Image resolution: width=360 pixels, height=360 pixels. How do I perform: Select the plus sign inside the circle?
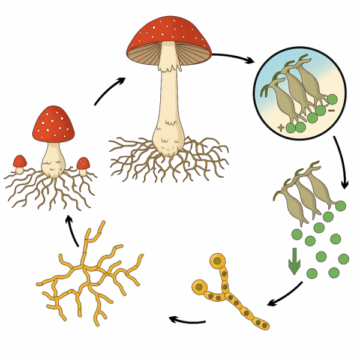[281, 127]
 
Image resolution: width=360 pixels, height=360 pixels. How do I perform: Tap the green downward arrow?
[294, 264]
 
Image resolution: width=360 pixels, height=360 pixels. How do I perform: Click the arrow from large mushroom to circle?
[234, 58]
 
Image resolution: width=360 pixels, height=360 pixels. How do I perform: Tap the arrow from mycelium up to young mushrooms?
[73, 232]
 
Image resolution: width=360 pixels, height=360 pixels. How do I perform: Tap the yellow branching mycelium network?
[90, 276]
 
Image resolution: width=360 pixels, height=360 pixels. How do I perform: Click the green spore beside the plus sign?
[291, 127]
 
